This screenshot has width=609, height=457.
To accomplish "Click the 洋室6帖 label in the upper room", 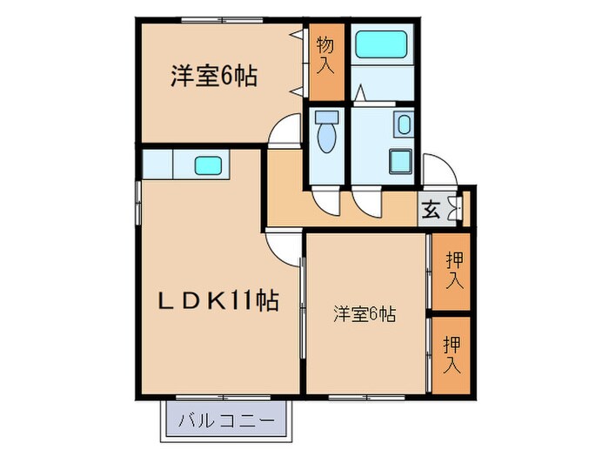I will pyautogui.click(x=213, y=77).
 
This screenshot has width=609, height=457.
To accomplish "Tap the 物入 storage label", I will pyautogui.click(x=325, y=55).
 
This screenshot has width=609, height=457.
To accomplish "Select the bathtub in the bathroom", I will pyautogui.click(x=382, y=44).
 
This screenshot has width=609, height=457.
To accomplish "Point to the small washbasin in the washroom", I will pyautogui.click(x=405, y=124).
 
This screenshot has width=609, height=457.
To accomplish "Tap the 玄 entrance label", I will pyautogui.click(x=430, y=210).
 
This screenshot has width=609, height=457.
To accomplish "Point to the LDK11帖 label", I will pyautogui.click(x=217, y=302).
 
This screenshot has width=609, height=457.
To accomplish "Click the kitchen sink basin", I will pyautogui.click(x=208, y=164).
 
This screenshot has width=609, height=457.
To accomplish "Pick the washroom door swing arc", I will pyautogui.click(x=367, y=202).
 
